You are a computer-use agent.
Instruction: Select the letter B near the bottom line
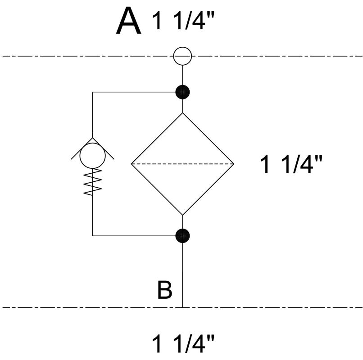coord(165,290)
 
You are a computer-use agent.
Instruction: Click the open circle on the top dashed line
coord(182,56)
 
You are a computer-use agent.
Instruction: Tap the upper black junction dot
coord(182,92)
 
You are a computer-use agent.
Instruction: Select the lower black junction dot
coord(182,235)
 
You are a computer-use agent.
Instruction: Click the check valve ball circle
coord(92,156)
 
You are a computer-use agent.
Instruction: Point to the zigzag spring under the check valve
coord(92,182)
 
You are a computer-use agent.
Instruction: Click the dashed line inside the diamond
coord(182,163)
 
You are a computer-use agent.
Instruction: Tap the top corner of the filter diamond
coord(182,112)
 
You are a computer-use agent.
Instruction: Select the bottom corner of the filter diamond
coord(182,215)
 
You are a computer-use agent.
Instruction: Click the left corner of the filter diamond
coord(131,163)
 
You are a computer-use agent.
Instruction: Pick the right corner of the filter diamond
coord(234,163)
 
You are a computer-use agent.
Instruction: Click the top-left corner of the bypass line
coord(92,92)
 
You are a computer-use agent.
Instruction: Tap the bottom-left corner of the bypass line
coord(92,235)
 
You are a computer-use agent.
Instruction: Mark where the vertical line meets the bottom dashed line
coord(182,308)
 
